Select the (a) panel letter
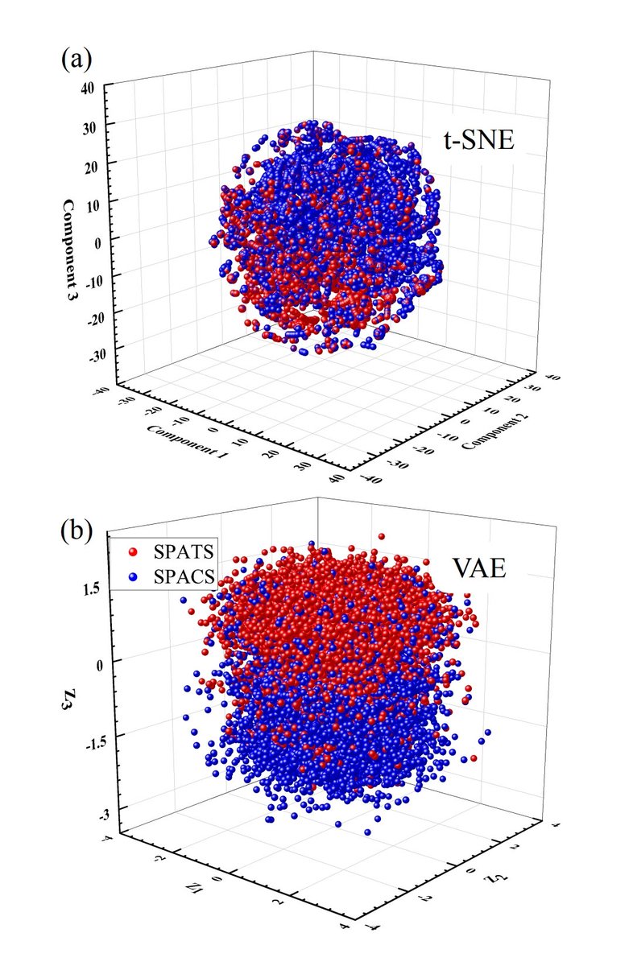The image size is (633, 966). pos(76,59)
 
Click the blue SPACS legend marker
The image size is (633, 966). pos(134,576)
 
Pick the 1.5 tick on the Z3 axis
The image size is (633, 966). pos(90,588)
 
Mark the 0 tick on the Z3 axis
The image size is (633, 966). pos(98,662)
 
